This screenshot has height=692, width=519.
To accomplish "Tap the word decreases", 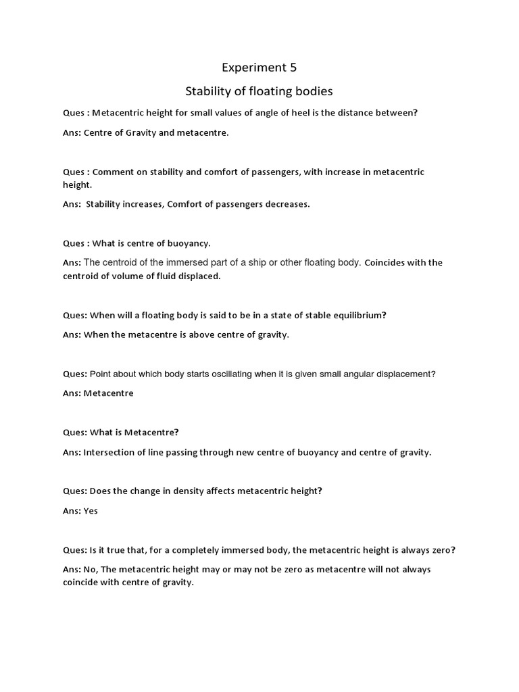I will [287, 204].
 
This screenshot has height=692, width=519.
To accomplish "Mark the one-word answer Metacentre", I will [109, 393].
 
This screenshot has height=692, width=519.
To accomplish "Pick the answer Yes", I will [91, 511].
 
